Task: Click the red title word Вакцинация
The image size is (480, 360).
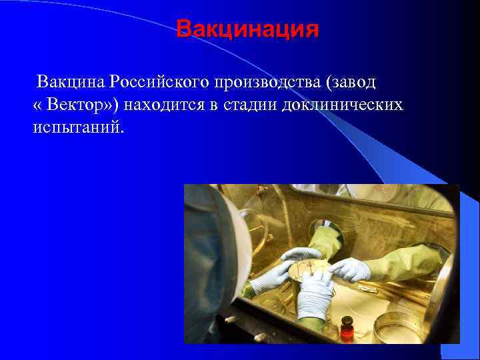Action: (x=247, y=30)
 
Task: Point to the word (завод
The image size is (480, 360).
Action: (x=351, y=82)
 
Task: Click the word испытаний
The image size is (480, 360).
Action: (x=78, y=127)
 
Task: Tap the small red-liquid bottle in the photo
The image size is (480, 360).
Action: (x=347, y=330)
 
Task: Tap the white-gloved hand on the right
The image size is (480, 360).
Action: (x=351, y=269)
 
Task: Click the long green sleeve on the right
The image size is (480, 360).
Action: (x=407, y=263)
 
